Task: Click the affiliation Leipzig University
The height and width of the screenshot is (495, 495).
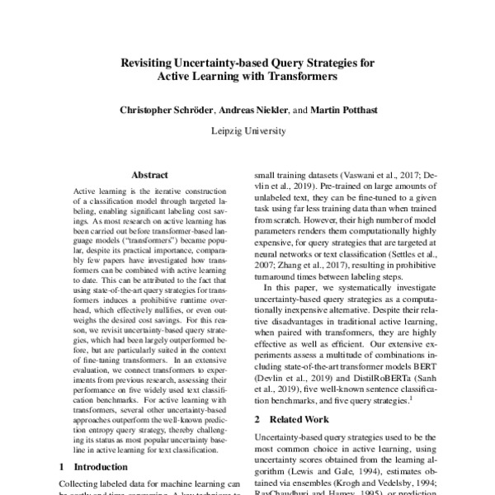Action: coord(247,130)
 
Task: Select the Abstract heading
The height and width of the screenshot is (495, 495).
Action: coord(149,176)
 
